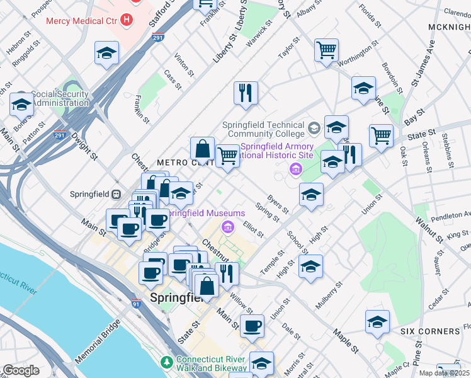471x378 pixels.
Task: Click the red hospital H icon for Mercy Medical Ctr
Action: point(128,20)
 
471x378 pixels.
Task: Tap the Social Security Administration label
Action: point(52,98)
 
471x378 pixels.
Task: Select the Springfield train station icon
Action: point(116,195)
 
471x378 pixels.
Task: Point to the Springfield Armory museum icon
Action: point(294,169)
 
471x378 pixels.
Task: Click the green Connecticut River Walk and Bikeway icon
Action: point(166,363)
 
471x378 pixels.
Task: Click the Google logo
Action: point(21,370)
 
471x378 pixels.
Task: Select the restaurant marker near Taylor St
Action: point(245,93)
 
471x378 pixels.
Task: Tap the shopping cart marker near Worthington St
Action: point(326,50)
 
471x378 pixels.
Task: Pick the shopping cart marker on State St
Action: point(381,135)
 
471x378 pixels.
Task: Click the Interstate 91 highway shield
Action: point(136,303)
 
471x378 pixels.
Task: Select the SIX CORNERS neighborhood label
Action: point(429,331)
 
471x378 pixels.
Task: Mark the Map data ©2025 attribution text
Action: point(444,372)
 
